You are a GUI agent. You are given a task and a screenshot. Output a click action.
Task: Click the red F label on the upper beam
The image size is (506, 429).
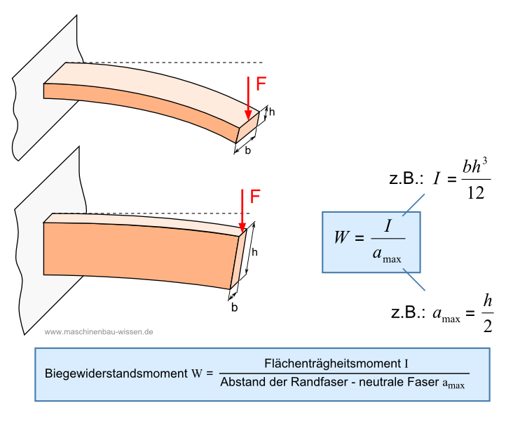[x=261, y=84]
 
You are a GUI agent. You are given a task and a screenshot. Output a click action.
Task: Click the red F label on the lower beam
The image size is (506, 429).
[x=255, y=197]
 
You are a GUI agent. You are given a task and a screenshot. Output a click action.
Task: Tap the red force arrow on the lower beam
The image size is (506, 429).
[x=242, y=211]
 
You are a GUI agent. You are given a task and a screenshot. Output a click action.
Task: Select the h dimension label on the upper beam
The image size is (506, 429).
[x=272, y=112]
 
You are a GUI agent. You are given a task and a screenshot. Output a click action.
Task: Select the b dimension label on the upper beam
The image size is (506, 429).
[x=248, y=150]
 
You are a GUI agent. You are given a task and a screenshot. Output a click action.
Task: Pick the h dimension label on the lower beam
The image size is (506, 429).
[x=255, y=252]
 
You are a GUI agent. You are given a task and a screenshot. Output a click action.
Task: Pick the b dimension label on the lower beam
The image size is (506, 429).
[x=234, y=307]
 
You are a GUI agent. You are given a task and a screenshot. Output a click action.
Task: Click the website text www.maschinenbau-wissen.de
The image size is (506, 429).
[x=99, y=331]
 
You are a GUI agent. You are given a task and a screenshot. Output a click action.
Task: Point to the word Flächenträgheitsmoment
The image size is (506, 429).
[x=331, y=364]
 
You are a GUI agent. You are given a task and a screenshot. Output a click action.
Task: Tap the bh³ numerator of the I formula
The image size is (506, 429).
[x=474, y=167]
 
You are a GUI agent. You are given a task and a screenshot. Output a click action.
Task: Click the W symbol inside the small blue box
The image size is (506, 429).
[x=342, y=236]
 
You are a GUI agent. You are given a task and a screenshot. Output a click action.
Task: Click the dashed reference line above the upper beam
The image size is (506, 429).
[x=175, y=62]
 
